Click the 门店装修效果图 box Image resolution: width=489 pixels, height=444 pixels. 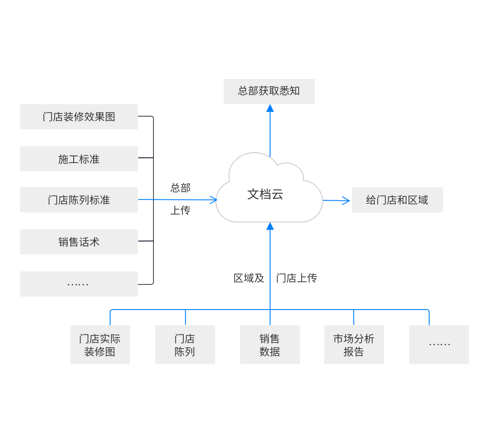click(79, 117)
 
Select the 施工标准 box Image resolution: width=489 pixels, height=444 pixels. click(79, 159)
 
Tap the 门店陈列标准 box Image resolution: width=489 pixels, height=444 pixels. click(79, 200)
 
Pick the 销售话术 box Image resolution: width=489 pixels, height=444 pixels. click(79, 242)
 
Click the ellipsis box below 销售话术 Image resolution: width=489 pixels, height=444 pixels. click(79, 284)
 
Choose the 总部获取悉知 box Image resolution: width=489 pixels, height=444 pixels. click(269, 91)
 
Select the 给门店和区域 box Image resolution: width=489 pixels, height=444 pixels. click(397, 200)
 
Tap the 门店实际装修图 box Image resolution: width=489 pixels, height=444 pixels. click(100, 345)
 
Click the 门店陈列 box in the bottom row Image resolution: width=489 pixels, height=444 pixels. click(185, 345)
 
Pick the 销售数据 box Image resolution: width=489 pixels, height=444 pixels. click(270, 345)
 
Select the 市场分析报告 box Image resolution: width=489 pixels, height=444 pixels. click(354, 345)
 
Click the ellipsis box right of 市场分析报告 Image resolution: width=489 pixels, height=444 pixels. click(439, 345)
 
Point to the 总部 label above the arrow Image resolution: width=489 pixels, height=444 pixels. click(180, 188)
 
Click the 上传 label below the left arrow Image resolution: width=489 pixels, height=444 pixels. click(180, 211)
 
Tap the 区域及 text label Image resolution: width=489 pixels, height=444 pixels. click(249, 278)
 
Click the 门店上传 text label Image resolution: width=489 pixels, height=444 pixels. click(297, 278)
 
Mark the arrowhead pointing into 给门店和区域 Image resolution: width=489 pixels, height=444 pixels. click(346, 200)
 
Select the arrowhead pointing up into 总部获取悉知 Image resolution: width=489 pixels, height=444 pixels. click(270, 108)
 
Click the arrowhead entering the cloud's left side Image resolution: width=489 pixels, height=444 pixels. click(213, 200)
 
